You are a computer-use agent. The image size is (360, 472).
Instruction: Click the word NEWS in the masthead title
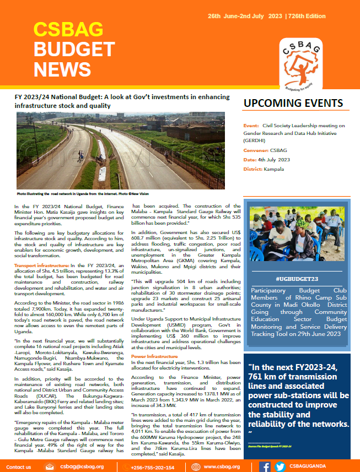[62, 69]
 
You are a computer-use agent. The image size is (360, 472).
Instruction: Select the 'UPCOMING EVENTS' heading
[293, 104]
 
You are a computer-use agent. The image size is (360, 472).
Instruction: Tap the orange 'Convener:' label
[256, 150]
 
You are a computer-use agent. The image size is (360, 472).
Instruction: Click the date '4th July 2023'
[276, 159]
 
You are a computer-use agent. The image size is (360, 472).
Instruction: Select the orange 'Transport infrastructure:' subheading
[41, 251]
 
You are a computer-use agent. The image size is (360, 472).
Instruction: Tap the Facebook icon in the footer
[265, 467]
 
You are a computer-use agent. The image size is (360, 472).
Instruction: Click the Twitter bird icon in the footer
[280, 467]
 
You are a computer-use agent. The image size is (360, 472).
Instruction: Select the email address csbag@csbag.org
[80, 467]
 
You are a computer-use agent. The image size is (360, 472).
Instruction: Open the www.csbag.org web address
[222, 467]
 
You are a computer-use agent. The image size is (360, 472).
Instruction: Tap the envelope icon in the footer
[50, 467]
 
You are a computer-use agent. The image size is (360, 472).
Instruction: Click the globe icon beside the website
[196, 467]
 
